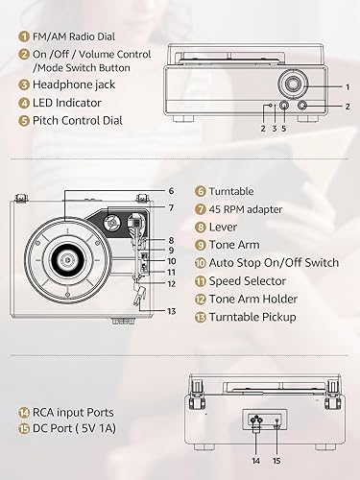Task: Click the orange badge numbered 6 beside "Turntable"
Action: [201, 191]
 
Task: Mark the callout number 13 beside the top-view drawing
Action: [171, 311]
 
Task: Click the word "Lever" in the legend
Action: [224, 227]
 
